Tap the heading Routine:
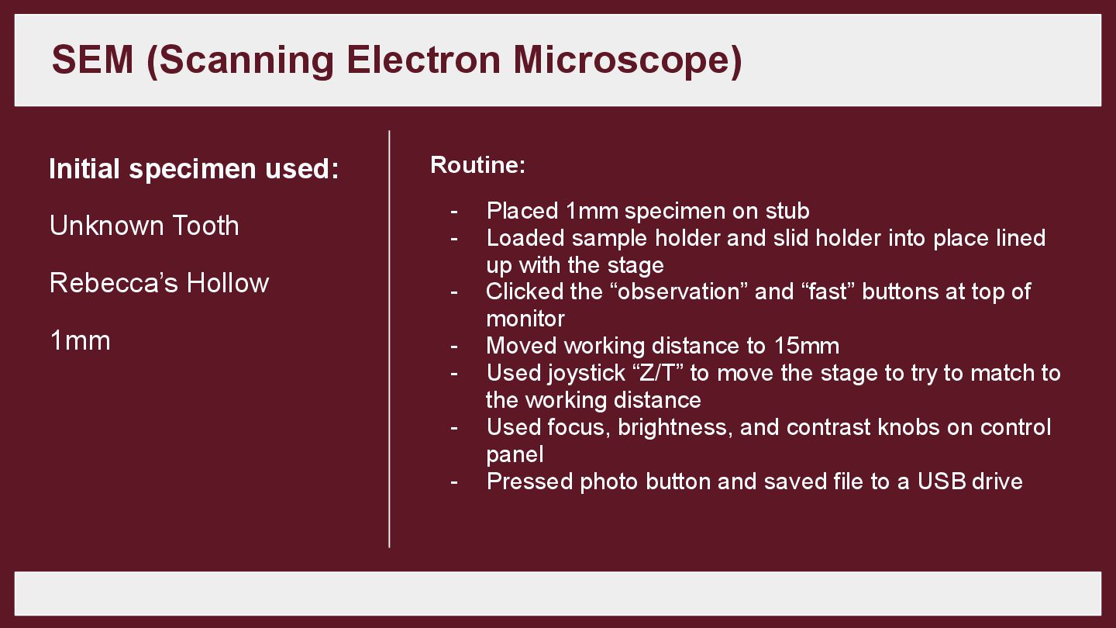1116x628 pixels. tap(477, 165)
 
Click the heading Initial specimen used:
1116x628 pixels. tap(194, 169)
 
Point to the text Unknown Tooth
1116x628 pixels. tap(144, 226)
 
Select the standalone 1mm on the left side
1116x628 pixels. tap(80, 340)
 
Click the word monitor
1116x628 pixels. tap(525, 319)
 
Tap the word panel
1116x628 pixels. tap(515, 454)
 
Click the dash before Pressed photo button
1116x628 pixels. tap(454, 481)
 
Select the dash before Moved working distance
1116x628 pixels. tap(454, 346)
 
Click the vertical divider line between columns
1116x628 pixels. tap(389, 339)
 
